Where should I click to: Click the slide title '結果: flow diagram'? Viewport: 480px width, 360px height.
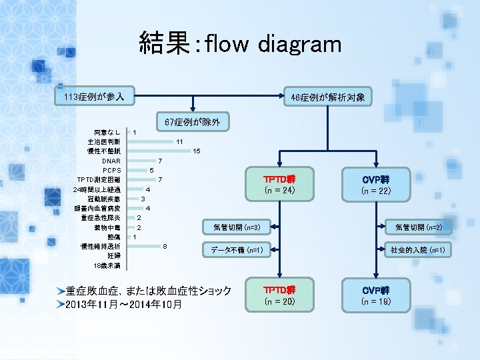coord(240,44)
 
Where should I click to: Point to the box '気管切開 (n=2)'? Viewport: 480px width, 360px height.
coord(423,228)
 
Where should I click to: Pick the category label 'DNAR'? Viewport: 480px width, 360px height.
coord(111,161)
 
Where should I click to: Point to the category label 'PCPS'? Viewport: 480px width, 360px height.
coord(111,171)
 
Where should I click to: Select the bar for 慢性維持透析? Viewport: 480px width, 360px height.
coord(153,246)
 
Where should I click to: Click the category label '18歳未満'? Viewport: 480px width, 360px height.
coord(107,265)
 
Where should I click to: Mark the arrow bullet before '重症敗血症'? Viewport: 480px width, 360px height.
coord(61,291)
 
